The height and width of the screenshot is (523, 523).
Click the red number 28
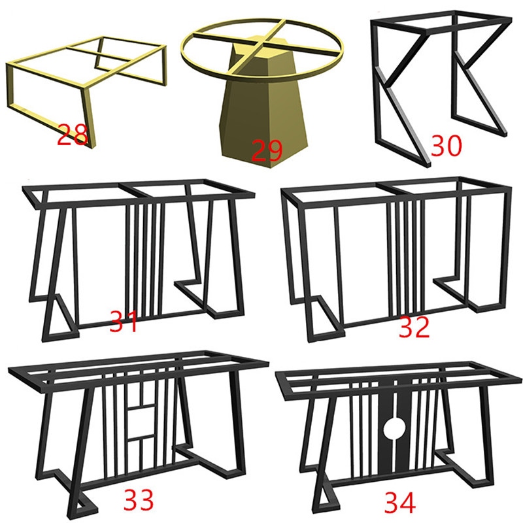pos(73,135)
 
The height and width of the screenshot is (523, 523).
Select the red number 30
pos(447,145)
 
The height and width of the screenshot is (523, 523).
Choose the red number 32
pos(414,326)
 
